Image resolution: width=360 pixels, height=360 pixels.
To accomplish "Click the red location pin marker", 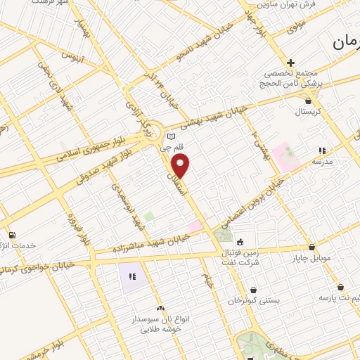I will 181,166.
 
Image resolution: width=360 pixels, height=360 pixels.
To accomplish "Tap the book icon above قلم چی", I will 171,136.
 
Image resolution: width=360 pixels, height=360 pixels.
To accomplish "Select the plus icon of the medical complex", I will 290,63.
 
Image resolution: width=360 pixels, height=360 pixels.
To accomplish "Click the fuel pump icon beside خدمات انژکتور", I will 11,235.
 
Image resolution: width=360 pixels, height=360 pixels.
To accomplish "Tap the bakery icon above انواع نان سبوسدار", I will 160,308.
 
